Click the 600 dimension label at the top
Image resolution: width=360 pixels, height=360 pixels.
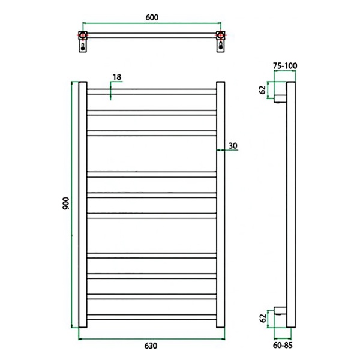tap(152, 17)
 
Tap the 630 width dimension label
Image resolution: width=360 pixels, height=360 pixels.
tap(151, 346)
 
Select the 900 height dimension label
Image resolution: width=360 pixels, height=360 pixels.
tap(65, 203)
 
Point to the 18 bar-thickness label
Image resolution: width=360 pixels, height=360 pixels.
tap(117, 77)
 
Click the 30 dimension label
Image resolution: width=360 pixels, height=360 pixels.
tap(233, 146)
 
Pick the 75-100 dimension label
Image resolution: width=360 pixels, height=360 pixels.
tap(285, 66)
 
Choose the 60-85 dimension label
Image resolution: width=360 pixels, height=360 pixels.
tap(283, 345)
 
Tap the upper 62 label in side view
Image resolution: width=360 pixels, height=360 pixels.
tap(262, 89)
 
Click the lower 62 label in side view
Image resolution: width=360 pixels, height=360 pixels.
tap(263, 318)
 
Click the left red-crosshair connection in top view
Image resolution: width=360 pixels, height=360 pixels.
tap(83, 35)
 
